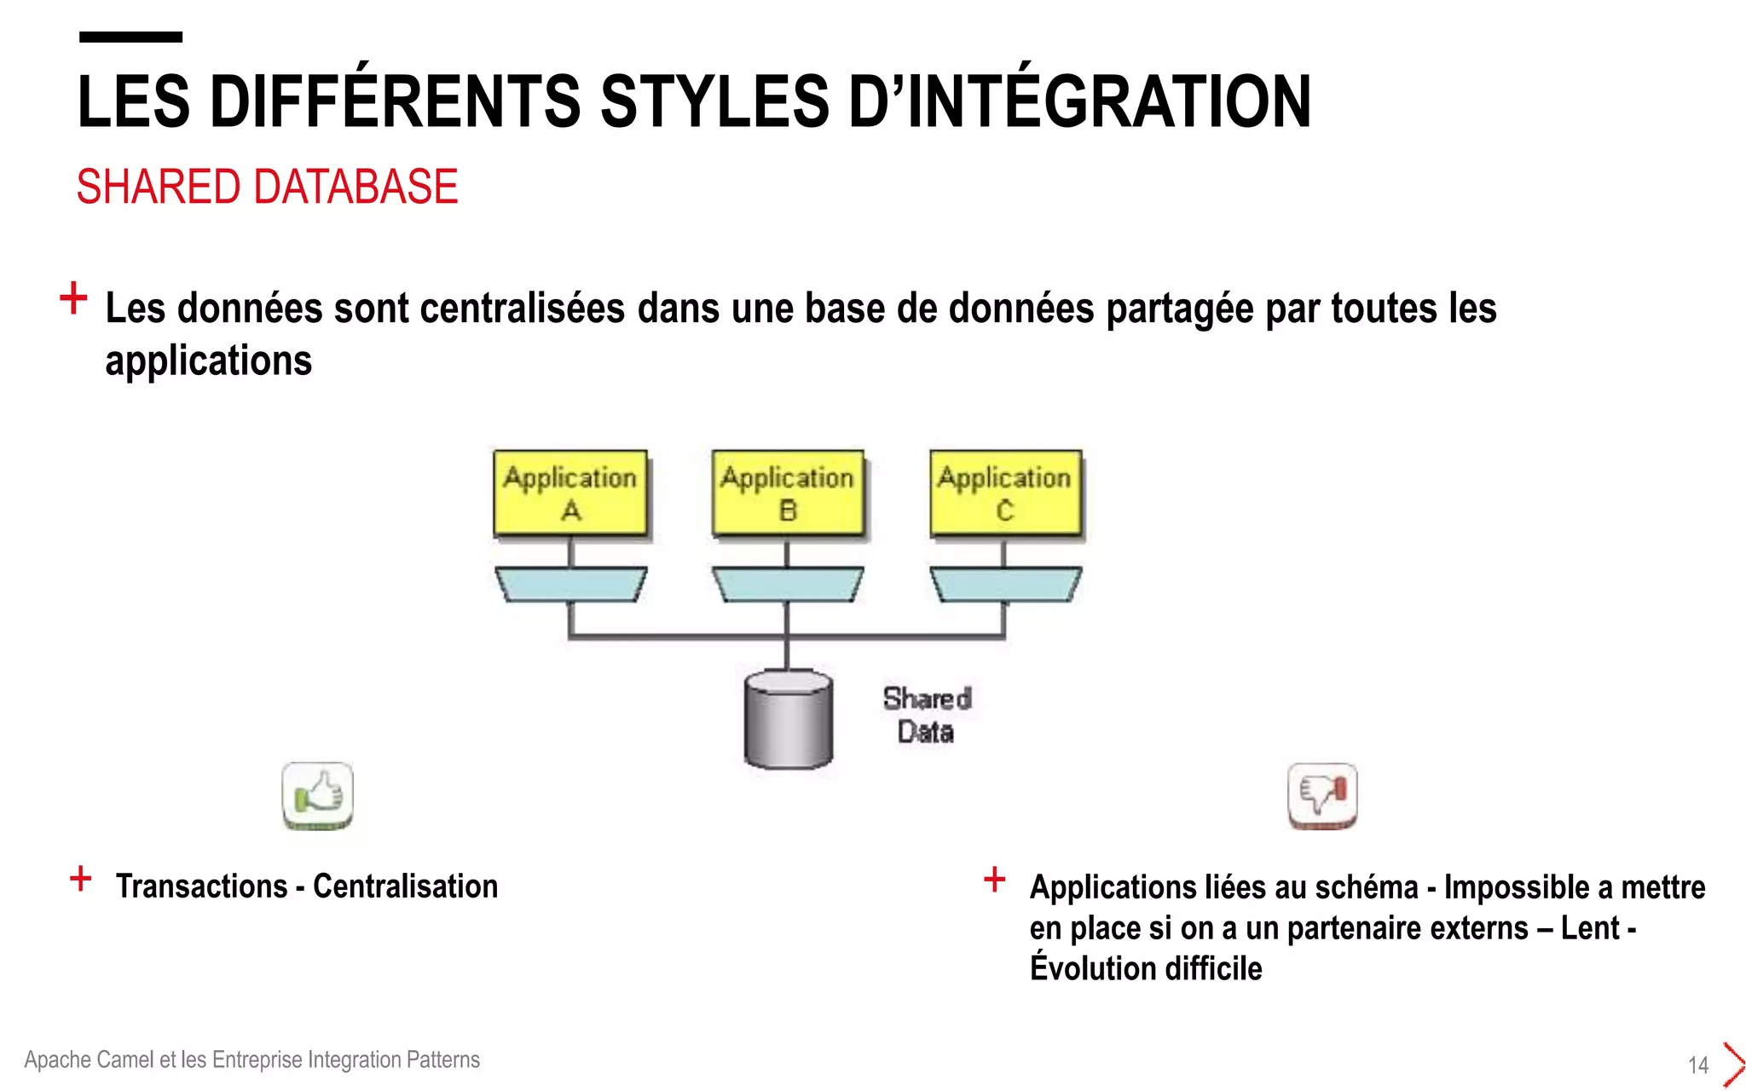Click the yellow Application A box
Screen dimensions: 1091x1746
(x=570, y=494)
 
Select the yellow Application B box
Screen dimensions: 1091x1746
(x=788, y=494)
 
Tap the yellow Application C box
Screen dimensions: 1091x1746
(x=1005, y=494)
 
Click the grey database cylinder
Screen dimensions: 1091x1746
(x=788, y=719)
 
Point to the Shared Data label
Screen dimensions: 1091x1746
(x=927, y=715)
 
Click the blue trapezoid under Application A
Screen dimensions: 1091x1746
(x=570, y=585)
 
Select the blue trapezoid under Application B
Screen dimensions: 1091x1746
(x=788, y=585)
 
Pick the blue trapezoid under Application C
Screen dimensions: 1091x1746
(x=1005, y=585)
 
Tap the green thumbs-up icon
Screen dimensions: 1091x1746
(x=317, y=795)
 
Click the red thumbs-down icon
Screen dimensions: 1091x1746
(x=1321, y=795)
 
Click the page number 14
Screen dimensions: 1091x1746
(x=1698, y=1065)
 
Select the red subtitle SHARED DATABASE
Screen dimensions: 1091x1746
(x=267, y=187)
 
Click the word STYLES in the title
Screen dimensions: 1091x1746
(x=714, y=102)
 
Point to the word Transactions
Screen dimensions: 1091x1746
(x=202, y=886)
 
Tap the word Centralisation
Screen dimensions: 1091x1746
(x=405, y=886)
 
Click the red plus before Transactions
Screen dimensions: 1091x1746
(x=81, y=878)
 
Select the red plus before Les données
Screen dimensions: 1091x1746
(x=73, y=298)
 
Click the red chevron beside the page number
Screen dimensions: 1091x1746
(x=1733, y=1065)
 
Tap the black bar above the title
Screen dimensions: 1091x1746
(x=130, y=37)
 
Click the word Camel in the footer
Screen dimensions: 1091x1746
(x=124, y=1059)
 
